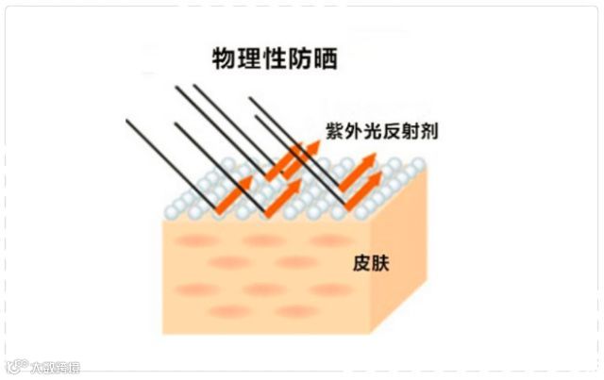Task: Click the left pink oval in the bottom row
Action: tap(230, 311)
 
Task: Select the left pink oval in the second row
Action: tap(230, 263)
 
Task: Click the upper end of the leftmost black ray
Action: tap(127, 121)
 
